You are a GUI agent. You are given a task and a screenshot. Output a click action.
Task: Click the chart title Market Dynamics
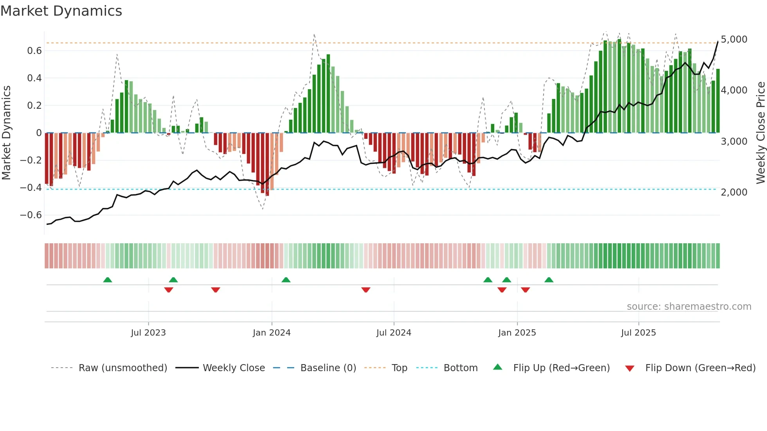click(x=61, y=11)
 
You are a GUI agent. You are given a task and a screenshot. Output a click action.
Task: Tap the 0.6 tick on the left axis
click(x=34, y=51)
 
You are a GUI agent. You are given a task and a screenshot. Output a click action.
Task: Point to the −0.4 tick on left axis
click(x=31, y=188)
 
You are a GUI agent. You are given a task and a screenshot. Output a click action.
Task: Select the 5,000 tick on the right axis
click(x=734, y=40)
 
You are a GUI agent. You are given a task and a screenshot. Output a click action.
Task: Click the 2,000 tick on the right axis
click(x=734, y=192)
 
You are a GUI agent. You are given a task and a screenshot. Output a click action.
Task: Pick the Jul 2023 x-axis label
click(x=148, y=333)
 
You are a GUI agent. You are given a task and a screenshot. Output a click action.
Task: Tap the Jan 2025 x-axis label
click(x=517, y=333)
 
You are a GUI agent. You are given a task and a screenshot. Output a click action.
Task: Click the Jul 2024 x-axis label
click(x=394, y=333)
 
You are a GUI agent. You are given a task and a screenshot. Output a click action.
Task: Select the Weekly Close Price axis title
click(x=760, y=133)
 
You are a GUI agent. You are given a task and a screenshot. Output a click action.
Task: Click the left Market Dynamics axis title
click(x=6, y=133)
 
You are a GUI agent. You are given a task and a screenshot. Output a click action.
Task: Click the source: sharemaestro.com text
click(x=689, y=307)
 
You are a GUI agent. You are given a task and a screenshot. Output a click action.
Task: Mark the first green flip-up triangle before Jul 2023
click(x=108, y=280)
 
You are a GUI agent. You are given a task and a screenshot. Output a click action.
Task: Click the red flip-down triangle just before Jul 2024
click(x=366, y=290)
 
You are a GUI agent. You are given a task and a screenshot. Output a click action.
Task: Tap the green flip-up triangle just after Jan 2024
click(x=286, y=280)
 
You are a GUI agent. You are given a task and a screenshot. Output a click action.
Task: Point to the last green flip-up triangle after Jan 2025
click(x=549, y=280)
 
